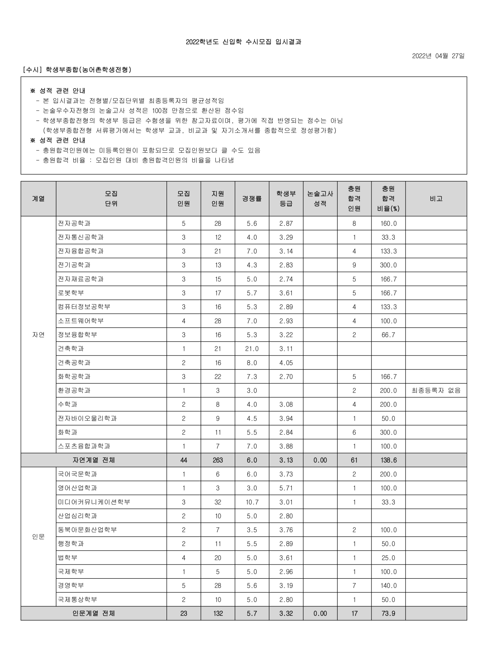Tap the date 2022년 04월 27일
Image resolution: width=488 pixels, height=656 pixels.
click(x=438, y=56)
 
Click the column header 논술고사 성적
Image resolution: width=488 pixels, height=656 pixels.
click(x=320, y=199)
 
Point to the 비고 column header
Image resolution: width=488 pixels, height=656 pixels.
click(x=436, y=199)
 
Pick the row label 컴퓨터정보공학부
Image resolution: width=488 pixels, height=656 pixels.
click(x=84, y=307)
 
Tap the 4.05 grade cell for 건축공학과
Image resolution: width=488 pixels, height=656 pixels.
click(x=286, y=363)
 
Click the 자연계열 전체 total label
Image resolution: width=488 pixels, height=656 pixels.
click(x=94, y=460)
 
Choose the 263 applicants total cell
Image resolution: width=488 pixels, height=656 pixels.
click(x=218, y=460)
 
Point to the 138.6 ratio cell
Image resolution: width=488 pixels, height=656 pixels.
click(x=388, y=460)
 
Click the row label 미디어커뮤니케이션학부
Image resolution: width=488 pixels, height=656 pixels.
click(x=94, y=502)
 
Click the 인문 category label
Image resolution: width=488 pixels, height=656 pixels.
click(x=38, y=537)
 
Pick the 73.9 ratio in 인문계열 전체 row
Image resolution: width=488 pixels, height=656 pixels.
click(x=388, y=614)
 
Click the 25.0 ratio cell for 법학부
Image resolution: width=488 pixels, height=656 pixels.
click(x=388, y=558)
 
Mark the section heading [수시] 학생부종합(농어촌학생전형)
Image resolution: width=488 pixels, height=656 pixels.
click(x=77, y=70)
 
